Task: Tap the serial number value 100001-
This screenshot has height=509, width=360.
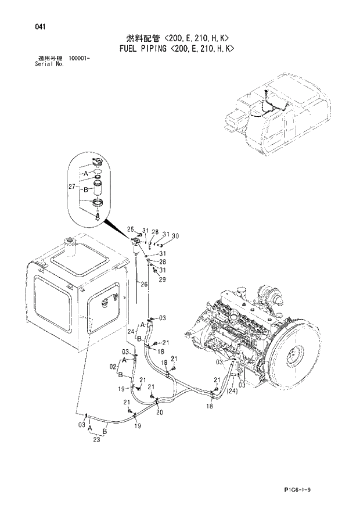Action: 82,59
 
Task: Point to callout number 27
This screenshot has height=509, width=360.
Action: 72,187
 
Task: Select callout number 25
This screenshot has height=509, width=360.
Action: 131,229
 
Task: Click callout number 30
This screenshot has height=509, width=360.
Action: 175,235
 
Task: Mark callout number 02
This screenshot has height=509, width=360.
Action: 113,367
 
